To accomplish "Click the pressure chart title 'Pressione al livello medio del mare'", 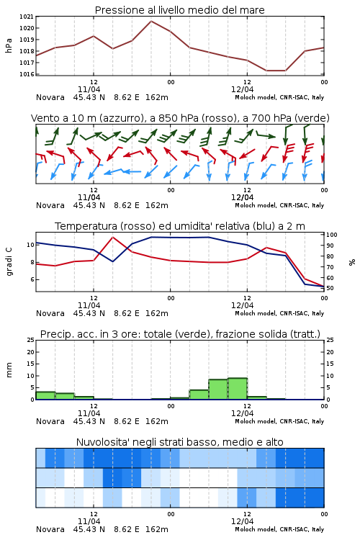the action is (x=179, y=10).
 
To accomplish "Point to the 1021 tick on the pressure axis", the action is (x=27, y=17).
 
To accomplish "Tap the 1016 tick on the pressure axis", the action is (x=27, y=74).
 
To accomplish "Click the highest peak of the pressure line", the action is (x=151, y=21).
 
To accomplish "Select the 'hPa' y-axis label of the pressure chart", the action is (x=9, y=45).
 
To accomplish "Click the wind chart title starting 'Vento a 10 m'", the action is (x=180, y=118).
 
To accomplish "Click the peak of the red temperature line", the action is (x=112, y=238).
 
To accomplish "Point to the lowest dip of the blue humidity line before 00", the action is (x=112, y=261).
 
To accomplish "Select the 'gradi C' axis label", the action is (x=9, y=261).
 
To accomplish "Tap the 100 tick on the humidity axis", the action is (x=332, y=235).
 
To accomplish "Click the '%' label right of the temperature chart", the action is (x=352, y=262).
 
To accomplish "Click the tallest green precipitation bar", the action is (x=238, y=389).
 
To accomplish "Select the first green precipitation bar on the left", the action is (x=45, y=396).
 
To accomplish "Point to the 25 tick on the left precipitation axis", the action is (x=31, y=340).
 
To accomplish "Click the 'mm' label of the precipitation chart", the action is (x=9, y=370).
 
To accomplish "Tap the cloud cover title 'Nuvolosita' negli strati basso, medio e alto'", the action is (x=179, y=442).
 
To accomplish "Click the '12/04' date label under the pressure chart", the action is (x=242, y=89).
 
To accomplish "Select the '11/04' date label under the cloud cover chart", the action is (x=89, y=521).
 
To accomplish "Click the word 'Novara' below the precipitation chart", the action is (x=50, y=421).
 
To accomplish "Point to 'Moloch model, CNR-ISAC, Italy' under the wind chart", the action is (x=279, y=205).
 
